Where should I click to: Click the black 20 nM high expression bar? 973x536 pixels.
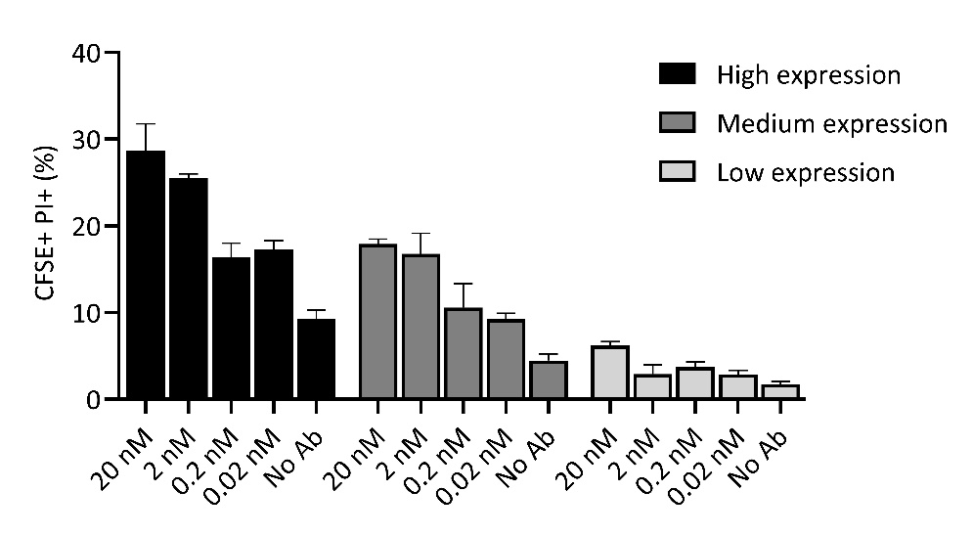tap(146, 275)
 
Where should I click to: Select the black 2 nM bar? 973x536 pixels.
tap(188, 289)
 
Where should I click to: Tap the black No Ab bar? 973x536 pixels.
tap(316, 359)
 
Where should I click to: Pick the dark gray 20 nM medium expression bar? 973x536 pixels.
tap(377, 322)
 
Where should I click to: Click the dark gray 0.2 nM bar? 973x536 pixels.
tap(463, 353)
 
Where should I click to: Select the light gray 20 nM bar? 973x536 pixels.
tap(610, 373)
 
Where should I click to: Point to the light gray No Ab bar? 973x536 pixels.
tap(780, 391)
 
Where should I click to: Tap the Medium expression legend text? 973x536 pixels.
tap(831, 124)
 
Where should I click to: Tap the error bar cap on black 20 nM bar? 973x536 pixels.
tap(146, 124)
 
